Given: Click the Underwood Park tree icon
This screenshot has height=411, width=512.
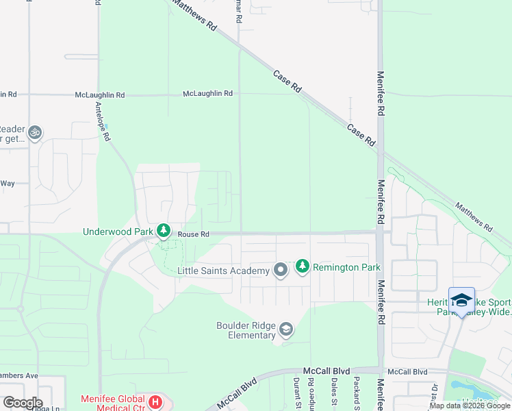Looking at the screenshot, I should point(163,231).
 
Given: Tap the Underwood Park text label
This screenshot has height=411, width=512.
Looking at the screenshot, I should point(118,232).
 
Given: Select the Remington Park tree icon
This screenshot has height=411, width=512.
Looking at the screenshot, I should point(303,266).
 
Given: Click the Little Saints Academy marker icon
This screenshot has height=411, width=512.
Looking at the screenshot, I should point(280,271).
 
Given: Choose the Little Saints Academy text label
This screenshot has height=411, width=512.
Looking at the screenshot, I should point(223,271).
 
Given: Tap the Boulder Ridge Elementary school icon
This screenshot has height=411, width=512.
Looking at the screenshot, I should point(286,331).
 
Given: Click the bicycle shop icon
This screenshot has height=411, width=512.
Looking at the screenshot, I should point(35,133).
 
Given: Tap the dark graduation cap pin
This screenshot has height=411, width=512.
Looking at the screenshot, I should point(461,301).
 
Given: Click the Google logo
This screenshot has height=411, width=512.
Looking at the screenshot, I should point(22,403).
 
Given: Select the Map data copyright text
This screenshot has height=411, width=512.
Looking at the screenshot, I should point(470,406).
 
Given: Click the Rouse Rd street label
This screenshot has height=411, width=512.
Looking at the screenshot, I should point(192,234).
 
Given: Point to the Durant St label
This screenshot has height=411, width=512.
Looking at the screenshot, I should point(297,393).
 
